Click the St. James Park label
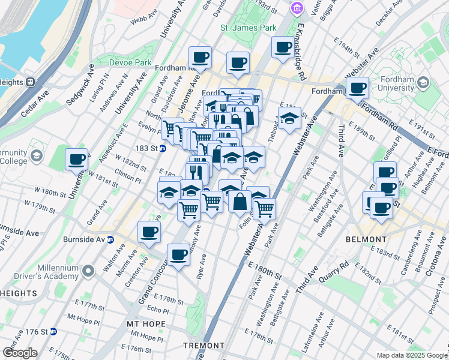pyautogui.click(x=248, y=28)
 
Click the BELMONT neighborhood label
pyautogui.click(x=366, y=239)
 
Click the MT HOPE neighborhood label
pyautogui.click(x=142, y=323)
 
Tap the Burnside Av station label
pyautogui.click(x=83, y=239)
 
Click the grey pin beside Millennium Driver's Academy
pyautogui.click(x=88, y=271)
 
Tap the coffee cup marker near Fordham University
pyautogui.click(x=358, y=89)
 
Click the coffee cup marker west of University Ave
pyautogui.click(x=77, y=160)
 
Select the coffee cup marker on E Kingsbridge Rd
pyautogui.click(x=282, y=47)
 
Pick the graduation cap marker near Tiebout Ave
pyautogui.click(x=289, y=118)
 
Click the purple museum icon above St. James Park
pyautogui.click(x=295, y=8)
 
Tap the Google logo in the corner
pyautogui.click(x=20, y=353)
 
